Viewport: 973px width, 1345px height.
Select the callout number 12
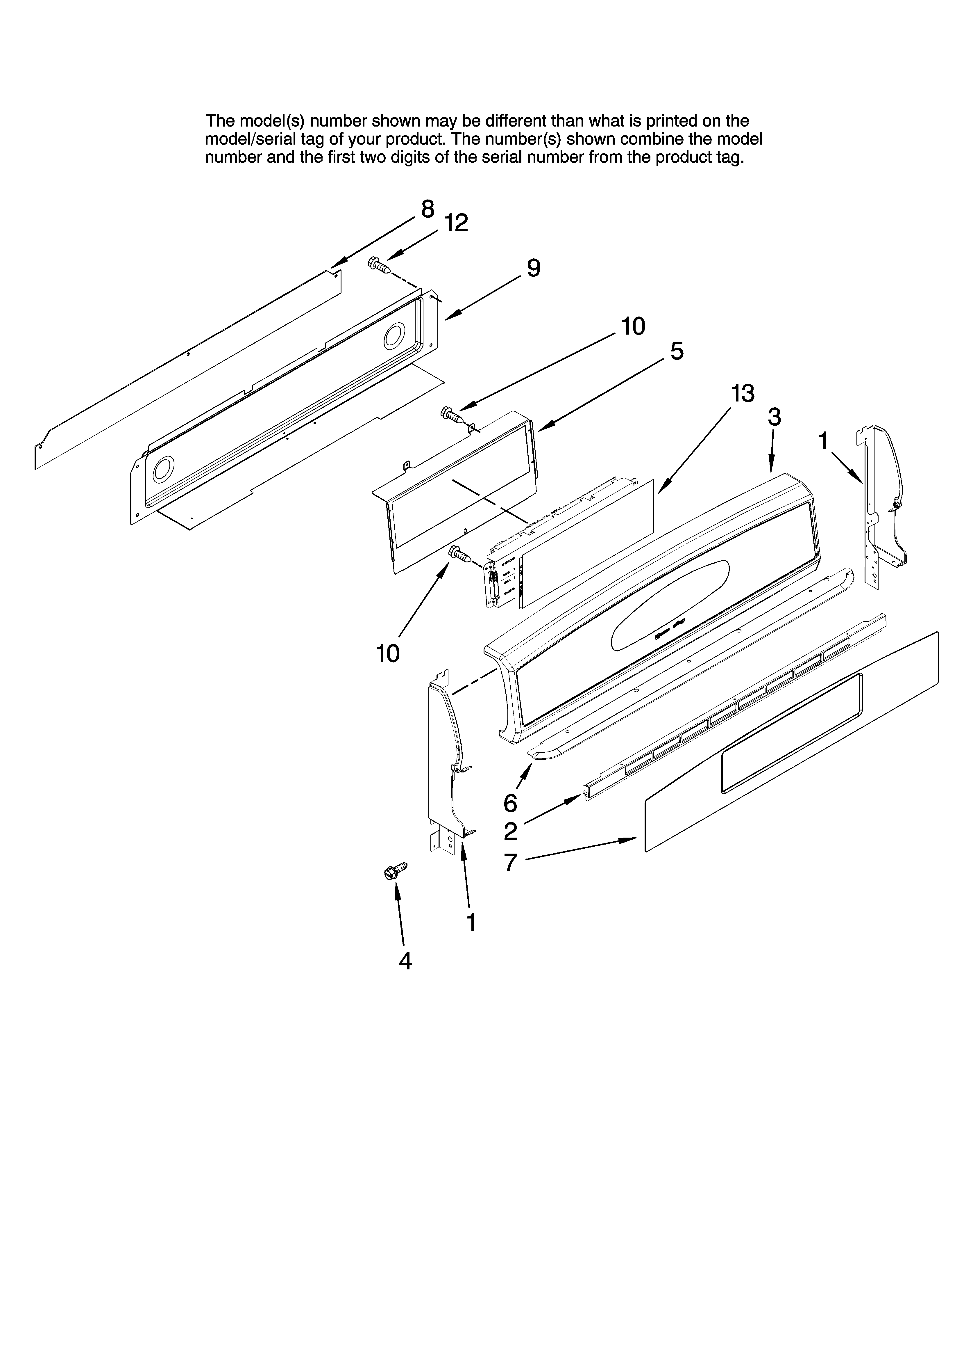pyautogui.click(x=456, y=223)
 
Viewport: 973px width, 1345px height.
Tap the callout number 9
pyautogui.click(x=533, y=269)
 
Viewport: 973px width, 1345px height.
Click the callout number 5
pyautogui.click(x=677, y=352)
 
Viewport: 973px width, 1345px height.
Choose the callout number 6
pyautogui.click(x=510, y=804)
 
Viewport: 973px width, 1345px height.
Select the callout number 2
pyautogui.click(x=510, y=831)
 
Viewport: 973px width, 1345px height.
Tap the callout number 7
pyautogui.click(x=510, y=862)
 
